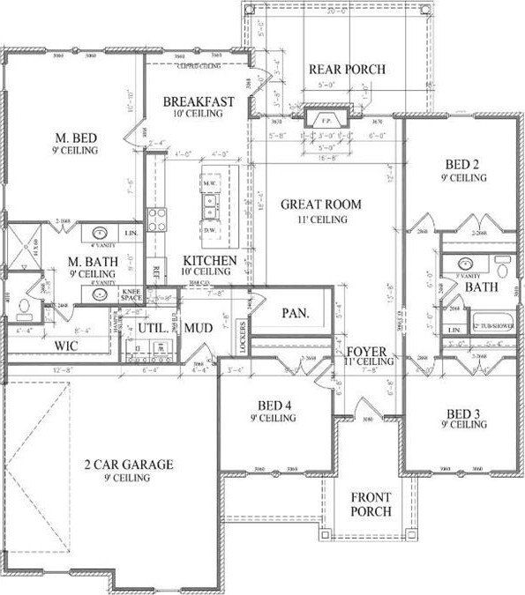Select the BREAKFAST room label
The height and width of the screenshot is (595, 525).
point(199,102)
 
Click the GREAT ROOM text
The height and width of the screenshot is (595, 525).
point(321,205)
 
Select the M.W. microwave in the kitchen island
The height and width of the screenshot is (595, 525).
point(211,184)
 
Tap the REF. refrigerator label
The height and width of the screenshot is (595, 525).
point(157,271)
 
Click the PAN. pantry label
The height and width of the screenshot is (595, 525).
point(294,313)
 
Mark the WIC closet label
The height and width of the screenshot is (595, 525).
point(66,346)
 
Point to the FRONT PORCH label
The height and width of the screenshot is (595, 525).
point(371,504)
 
